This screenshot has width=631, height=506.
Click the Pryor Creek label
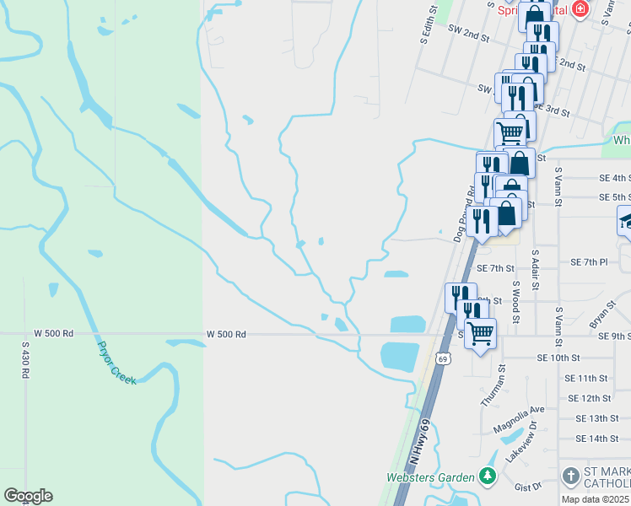[117, 363]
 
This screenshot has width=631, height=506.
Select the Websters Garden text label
[430, 477]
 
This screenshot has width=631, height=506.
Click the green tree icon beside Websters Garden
[487, 477]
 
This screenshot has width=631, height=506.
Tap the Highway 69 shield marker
[442, 358]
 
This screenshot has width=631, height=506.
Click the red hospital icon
[580, 9]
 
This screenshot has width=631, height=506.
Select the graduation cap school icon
[625, 220]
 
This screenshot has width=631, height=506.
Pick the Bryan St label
[601, 314]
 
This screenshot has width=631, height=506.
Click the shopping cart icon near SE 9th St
[480, 332]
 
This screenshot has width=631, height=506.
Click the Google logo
[28, 496]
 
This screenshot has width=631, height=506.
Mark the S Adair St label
[535, 267]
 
